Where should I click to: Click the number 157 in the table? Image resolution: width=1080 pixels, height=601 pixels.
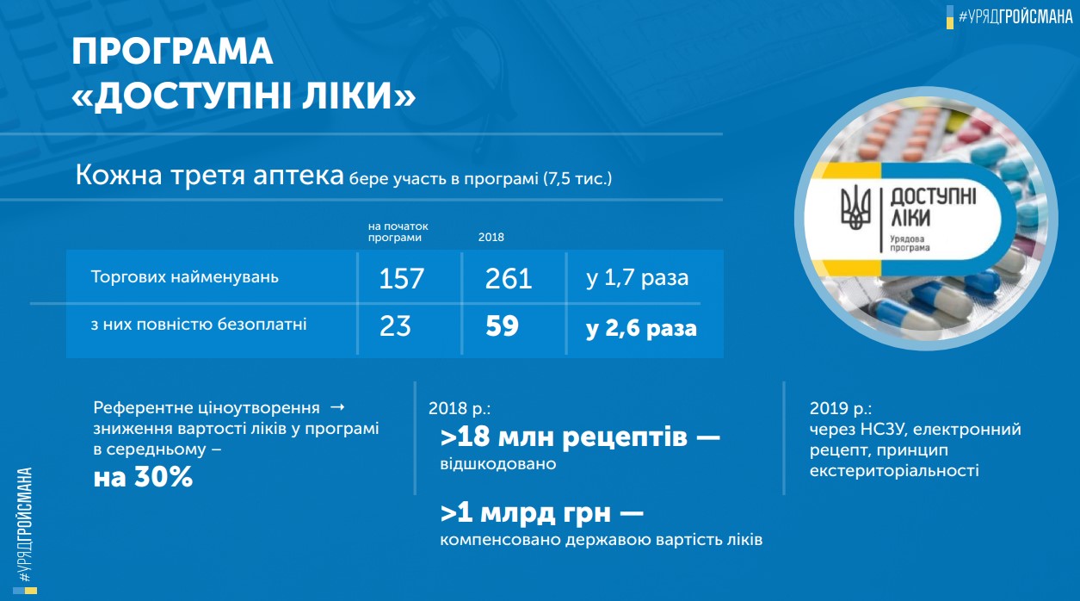(401, 278)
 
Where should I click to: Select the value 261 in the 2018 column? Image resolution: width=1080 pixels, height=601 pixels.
(509, 278)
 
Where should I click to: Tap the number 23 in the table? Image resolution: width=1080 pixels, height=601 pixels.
(395, 325)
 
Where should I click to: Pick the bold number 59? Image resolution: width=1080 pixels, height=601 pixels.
(502, 325)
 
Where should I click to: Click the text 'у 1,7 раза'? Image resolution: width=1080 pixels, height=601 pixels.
(638, 278)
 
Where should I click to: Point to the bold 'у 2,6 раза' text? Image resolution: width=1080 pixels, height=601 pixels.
(641, 329)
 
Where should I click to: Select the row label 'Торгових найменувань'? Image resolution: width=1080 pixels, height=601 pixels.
(185, 277)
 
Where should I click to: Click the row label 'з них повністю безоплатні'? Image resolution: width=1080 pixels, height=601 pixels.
(199, 324)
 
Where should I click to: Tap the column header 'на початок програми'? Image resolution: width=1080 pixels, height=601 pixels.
(398, 232)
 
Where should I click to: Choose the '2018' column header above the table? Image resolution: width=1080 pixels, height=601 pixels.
(491, 238)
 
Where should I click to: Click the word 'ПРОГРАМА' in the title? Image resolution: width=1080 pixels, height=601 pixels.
(172, 52)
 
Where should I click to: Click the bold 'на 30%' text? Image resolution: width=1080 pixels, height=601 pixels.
(143, 476)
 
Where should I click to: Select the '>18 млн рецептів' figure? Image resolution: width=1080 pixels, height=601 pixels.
(564, 437)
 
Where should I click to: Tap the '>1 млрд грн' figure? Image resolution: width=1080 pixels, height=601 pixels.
(526, 512)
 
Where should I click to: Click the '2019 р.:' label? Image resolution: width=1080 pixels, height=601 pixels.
(841, 408)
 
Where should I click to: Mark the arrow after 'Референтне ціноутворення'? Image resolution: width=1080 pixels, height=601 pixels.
(337, 407)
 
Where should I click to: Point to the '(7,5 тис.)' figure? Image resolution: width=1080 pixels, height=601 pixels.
(577, 179)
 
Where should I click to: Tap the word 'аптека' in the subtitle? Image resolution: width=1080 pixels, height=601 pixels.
(299, 175)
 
